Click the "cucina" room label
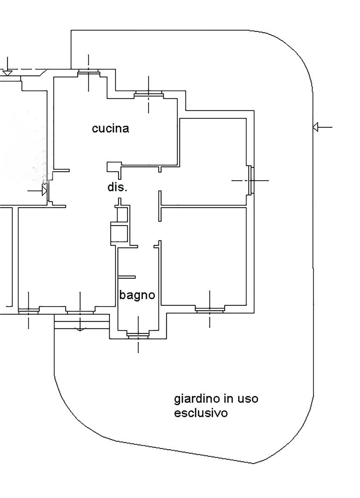coord(110,129)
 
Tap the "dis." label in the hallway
coord(117,188)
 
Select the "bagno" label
coord(137,295)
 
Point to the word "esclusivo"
coord(201,413)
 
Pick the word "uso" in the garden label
coord(248,399)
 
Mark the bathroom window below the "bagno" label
coord(138,335)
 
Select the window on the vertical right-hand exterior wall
coord(251,180)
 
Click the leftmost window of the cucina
coord(89,72)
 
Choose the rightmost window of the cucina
coord(148,95)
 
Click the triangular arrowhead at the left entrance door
coord(45,190)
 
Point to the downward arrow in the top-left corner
coord(7,72)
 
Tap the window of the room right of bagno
coord(210,309)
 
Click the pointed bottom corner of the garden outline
coord(253,463)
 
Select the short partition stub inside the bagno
coord(126,277)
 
